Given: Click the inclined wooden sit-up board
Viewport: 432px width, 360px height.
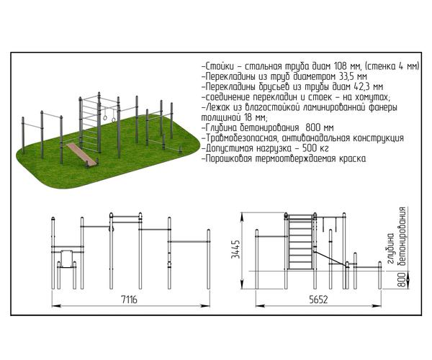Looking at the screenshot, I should [81, 153].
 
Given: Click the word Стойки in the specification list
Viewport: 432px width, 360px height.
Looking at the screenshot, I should [220, 66].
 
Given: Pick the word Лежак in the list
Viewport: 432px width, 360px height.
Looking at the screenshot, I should [218, 107].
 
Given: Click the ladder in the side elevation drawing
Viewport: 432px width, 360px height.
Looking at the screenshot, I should [300, 241].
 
